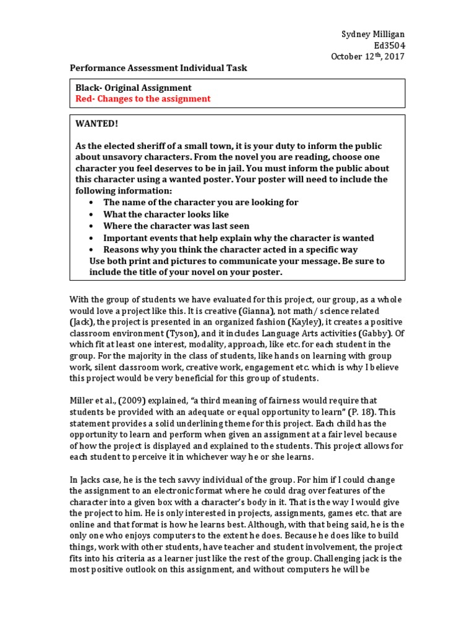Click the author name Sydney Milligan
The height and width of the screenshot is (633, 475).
point(375,34)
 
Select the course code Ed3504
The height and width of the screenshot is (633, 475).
point(390,45)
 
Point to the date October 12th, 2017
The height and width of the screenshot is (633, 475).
point(368,56)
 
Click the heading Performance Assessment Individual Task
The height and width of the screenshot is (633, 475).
point(158,68)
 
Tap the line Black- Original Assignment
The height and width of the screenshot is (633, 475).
point(134,88)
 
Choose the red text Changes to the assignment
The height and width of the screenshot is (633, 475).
point(143,99)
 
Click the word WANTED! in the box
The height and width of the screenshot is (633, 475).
point(96,124)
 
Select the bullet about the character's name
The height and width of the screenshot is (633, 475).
point(200,202)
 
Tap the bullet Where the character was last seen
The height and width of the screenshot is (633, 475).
point(176,226)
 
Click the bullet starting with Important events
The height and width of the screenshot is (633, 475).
point(238,238)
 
